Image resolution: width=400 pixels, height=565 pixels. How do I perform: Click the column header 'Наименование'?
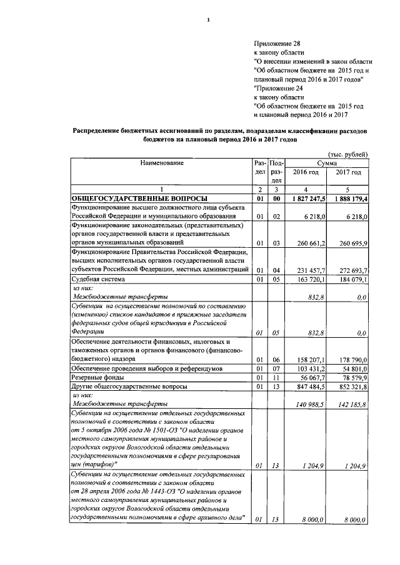pos(157,163)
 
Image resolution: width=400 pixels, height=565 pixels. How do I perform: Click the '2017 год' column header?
pos(348,172)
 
